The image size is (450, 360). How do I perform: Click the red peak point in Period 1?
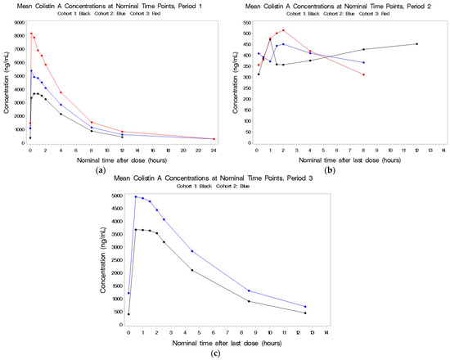tap(31, 34)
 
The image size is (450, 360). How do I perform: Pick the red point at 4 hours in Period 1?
tap(61, 92)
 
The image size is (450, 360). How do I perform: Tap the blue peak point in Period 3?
tap(136, 196)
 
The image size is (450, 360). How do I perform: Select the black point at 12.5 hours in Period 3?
tap(305, 313)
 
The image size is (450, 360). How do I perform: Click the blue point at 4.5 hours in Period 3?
tap(192, 251)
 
